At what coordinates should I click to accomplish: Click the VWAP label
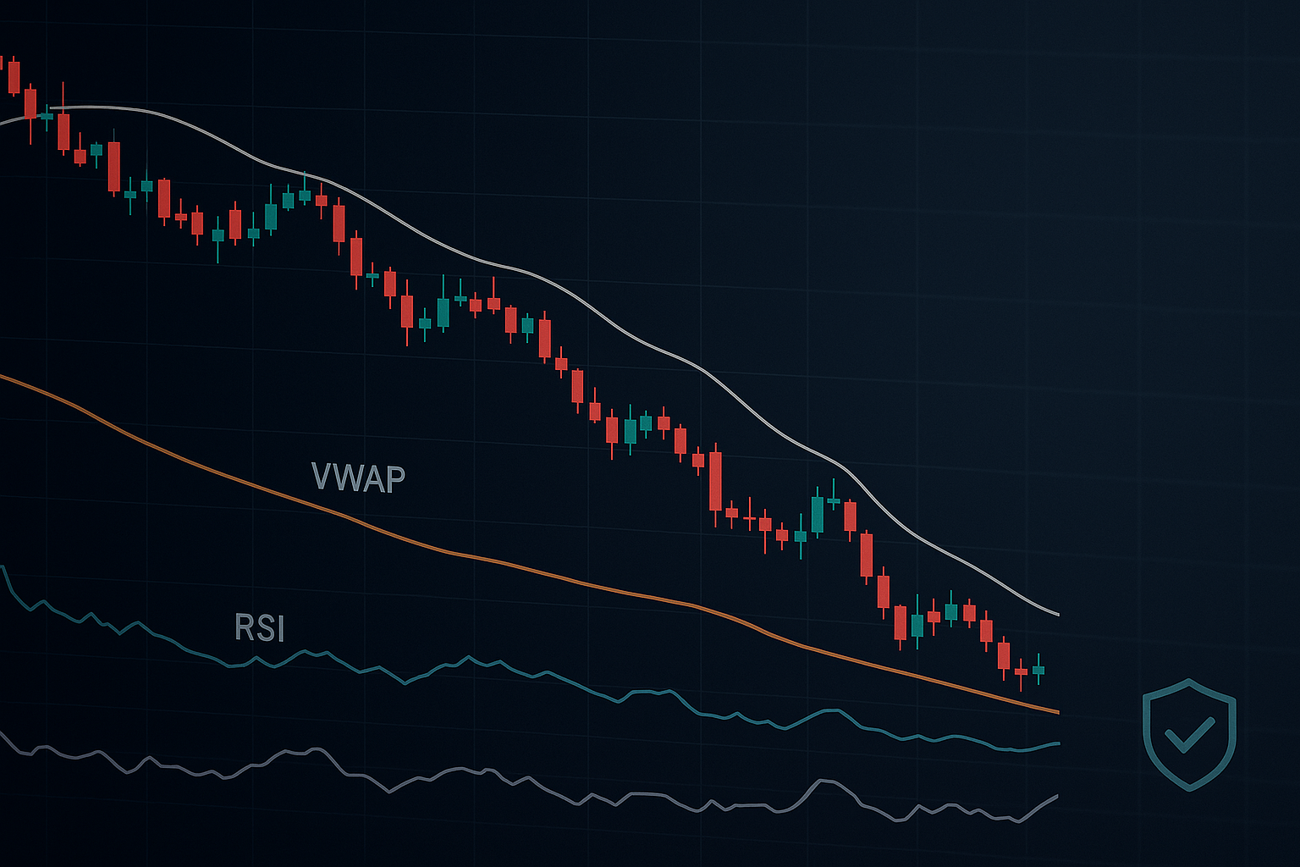[358, 478]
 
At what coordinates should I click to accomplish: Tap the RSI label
[259, 628]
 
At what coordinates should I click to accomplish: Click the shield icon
[1189, 733]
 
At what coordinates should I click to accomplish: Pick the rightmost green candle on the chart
[1038, 670]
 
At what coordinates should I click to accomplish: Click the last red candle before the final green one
[1021, 672]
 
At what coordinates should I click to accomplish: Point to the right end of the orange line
[1058, 713]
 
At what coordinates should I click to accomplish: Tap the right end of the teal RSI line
[1058, 743]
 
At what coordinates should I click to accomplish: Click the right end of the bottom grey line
[1057, 796]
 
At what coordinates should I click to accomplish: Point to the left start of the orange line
[2, 375]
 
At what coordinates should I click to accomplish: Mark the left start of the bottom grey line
[2, 732]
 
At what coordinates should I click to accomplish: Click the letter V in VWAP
[322, 478]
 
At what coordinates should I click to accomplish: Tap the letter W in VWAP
[347, 478]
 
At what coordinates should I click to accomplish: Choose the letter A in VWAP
[373, 478]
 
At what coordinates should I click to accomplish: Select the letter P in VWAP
[395, 478]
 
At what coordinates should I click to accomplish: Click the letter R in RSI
[244, 628]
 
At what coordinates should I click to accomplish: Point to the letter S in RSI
[263, 628]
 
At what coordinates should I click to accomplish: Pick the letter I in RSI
[279, 628]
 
